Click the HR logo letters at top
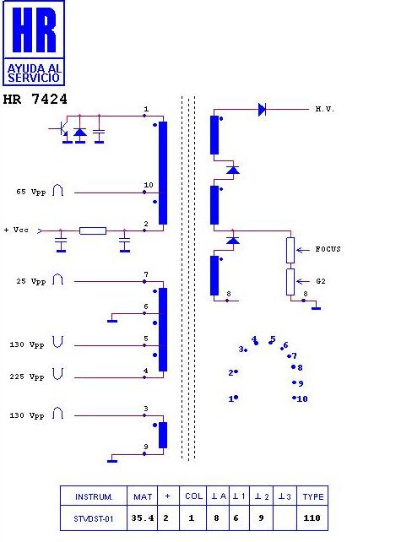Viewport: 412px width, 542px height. point(34,30)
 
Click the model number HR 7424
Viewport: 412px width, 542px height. point(35,100)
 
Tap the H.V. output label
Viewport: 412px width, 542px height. point(324,109)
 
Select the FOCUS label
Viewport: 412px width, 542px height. point(328,249)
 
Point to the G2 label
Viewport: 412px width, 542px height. point(321,281)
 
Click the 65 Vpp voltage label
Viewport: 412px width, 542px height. point(30,192)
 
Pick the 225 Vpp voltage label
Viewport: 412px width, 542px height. point(27,377)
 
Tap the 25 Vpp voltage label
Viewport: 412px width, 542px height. point(30,281)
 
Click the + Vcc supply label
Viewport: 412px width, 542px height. point(16,230)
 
